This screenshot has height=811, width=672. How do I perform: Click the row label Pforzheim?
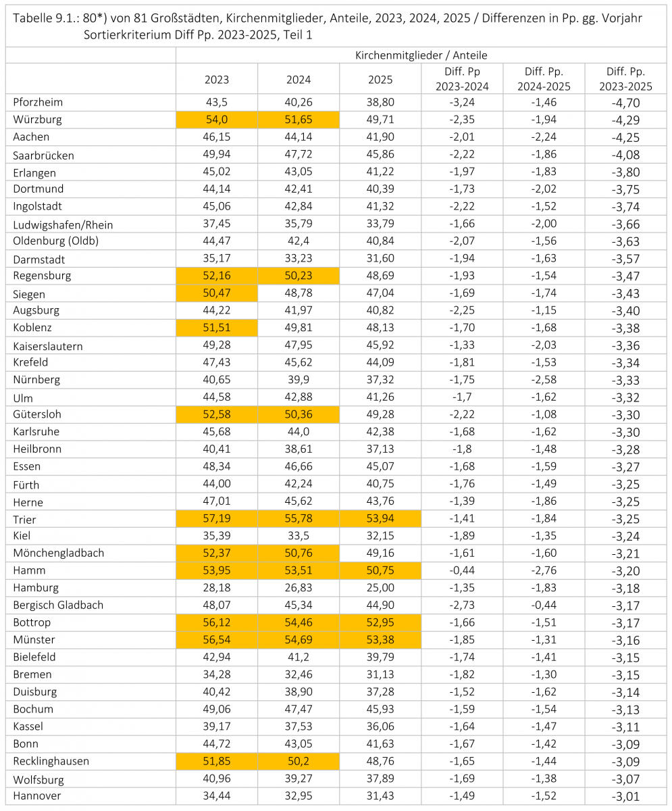coord(38,102)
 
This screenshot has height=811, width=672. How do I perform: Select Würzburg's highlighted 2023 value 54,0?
coord(217,120)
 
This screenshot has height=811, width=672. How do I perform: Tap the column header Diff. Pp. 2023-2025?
coord(625,79)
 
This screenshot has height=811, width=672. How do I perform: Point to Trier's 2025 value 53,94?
coord(380,518)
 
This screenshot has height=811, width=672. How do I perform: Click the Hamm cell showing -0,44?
coord(462,570)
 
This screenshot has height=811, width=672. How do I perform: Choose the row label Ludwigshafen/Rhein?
coord(63,225)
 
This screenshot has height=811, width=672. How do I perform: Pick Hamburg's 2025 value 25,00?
coord(380,588)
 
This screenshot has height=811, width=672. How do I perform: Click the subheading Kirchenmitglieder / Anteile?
coord(421,55)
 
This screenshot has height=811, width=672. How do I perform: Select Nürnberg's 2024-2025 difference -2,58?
coord(544,379)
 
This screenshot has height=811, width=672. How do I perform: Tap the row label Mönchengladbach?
coord(59,553)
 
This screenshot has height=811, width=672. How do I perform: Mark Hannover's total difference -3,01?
coord(626,796)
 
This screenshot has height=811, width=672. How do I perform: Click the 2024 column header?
coord(298,80)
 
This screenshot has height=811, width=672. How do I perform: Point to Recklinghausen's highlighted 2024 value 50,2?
coord(298,761)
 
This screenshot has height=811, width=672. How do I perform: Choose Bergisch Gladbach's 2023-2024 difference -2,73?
coord(462,605)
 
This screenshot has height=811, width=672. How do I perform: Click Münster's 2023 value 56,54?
coord(217,640)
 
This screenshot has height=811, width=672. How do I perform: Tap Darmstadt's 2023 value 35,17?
coord(217,258)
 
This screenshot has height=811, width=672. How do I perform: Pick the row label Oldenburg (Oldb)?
coord(55,241)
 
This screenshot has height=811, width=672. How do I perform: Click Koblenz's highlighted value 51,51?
coord(217,327)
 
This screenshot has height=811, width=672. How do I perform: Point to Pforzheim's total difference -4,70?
coord(626,103)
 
